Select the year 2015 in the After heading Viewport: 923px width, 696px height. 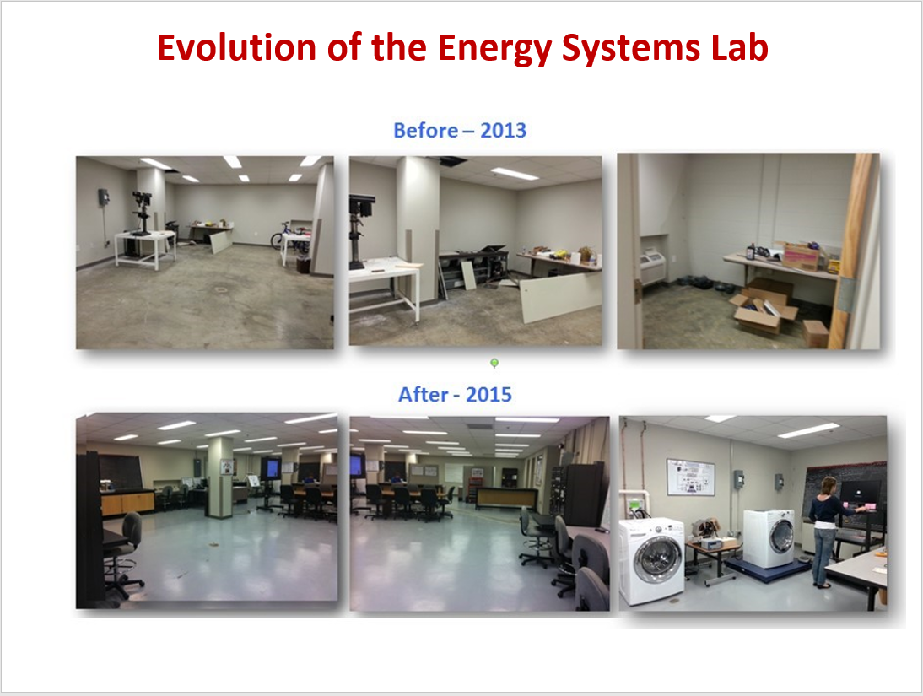tap(484, 394)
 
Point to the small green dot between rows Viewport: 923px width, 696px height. tap(494, 363)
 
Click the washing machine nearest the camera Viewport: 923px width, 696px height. tap(652, 561)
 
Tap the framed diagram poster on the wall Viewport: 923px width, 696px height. tap(689, 477)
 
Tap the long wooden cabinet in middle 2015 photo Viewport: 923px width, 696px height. tap(505, 497)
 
